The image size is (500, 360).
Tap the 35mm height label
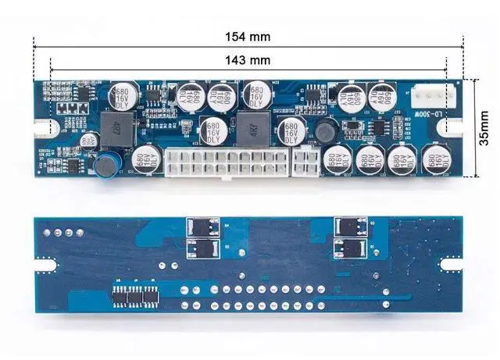(484, 128)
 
